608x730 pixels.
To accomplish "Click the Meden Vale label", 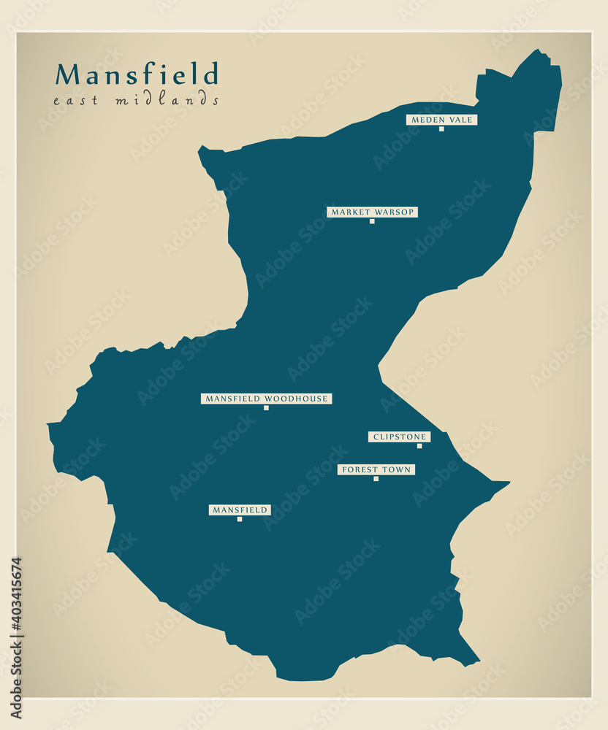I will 442,120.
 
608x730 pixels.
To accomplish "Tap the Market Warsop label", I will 372,212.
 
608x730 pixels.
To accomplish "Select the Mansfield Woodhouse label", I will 267,399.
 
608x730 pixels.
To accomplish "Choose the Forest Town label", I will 376,470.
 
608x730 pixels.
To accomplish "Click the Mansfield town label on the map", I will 240,510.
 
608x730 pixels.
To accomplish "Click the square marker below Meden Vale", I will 441,129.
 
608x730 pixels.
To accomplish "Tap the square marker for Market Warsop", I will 372,221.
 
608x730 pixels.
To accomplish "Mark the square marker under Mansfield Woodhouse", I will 266,408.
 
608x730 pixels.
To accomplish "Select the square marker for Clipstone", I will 419,446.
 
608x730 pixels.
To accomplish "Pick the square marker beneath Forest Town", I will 376,479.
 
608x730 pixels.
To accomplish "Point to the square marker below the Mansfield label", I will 240,519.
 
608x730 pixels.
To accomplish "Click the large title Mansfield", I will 137,74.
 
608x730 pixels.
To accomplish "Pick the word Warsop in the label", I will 398,212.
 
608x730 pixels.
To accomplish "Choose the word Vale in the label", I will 462,120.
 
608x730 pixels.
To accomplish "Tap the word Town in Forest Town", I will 398,470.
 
